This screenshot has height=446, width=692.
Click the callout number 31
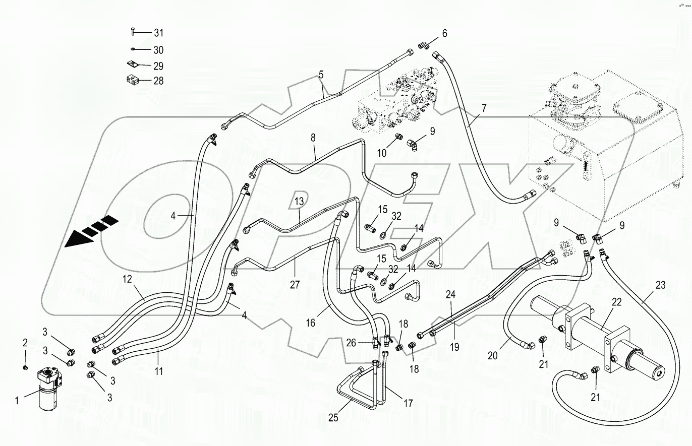158,33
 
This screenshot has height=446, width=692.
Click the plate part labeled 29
132,65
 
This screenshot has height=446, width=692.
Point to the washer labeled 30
132,49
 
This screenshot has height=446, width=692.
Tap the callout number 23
660,286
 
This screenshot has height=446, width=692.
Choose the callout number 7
484,107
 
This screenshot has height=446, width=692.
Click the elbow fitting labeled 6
424,46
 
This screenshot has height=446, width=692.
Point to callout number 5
321,75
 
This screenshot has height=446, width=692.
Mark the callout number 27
295,285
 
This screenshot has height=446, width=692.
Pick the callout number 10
382,152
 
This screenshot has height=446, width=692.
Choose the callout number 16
311,323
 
